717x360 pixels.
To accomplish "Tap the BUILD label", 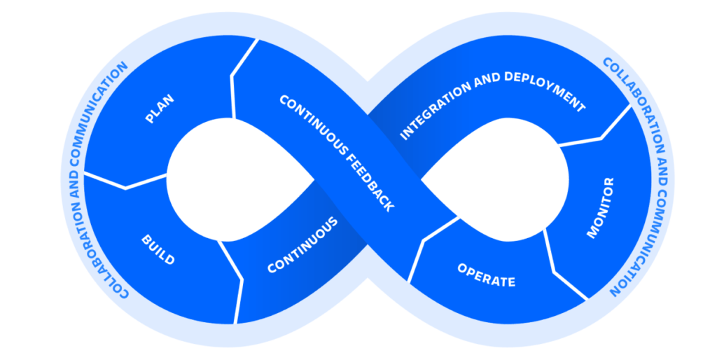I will point(158,249).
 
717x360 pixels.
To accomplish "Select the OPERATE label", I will point(486,275).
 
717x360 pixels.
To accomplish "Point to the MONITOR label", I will point(600,208).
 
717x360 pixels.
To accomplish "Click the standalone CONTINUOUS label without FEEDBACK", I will point(302,246).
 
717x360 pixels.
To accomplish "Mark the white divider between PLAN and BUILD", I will point(126,184).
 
